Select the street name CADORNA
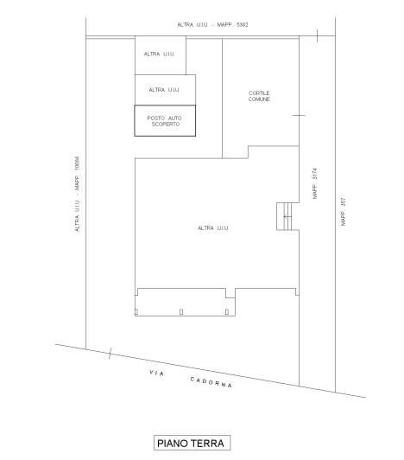pyautogui.click(x=211, y=382)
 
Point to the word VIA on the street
pyautogui.click(x=157, y=373)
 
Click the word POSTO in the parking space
pyautogui.click(x=156, y=118)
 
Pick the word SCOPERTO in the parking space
pyautogui.click(x=166, y=125)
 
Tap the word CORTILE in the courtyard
pyautogui.click(x=259, y=93)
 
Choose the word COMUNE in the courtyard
pyautogui.click(x=259, y=99)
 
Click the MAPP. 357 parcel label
pyautogui.click(x=343, y=212)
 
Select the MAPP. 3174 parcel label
pyautogui.click(x=314, y=183)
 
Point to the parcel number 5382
pyautogui.click(x=243, y=24)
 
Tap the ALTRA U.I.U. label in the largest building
pyautogui.click(x=213, y=228)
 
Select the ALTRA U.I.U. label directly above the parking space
pyautogui.click(x=164, y=90)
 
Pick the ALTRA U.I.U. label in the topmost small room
pyautogui.click(x=159, y=54)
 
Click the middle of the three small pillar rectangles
pyautogui.click(x=181, y=311)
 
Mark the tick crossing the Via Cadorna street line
pyautogui.click(x=110, y=354)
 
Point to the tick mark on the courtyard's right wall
pyautogui.click(x=299, y=115)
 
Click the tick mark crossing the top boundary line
pyautogui.click(x=317, y=35)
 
